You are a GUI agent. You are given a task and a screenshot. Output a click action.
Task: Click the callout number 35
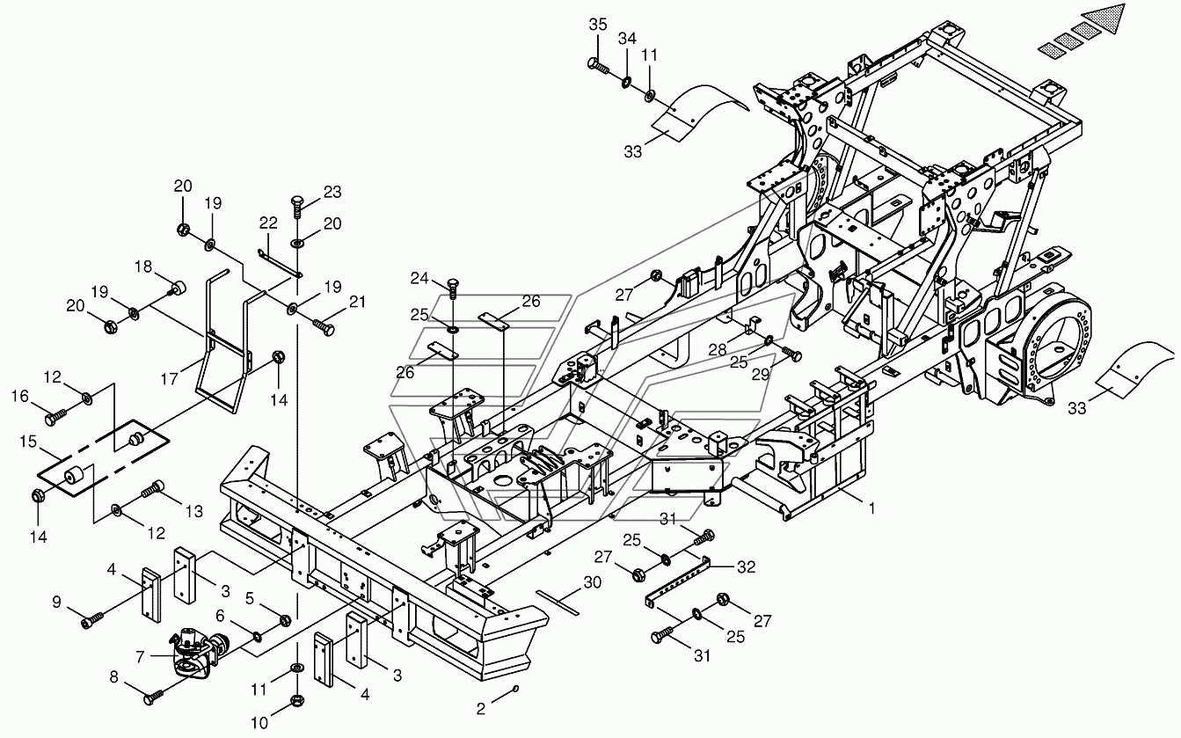(598, 25)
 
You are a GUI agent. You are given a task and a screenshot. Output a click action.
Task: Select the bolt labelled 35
(598, 65)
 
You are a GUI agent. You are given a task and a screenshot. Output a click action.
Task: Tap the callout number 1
(871, 508)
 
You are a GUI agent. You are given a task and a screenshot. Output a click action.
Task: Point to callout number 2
(480, 709)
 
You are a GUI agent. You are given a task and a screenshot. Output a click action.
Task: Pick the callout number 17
(169, 378)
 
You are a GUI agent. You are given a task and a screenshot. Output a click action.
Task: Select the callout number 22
(268, 223)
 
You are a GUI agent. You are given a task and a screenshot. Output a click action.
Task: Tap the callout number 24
(419, 277)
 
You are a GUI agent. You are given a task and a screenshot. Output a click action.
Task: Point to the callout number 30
(593, 582)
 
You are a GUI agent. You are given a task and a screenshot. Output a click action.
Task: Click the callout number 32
(746, 566)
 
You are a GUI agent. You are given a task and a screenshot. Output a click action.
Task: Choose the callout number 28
(718, 348)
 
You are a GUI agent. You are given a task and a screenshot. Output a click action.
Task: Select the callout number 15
(28, 441)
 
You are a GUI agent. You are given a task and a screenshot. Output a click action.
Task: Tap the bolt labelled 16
(55, 418)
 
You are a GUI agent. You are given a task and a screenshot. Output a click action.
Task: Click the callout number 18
(142, 267)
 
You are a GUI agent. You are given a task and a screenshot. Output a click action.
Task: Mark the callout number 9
(56, 602)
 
